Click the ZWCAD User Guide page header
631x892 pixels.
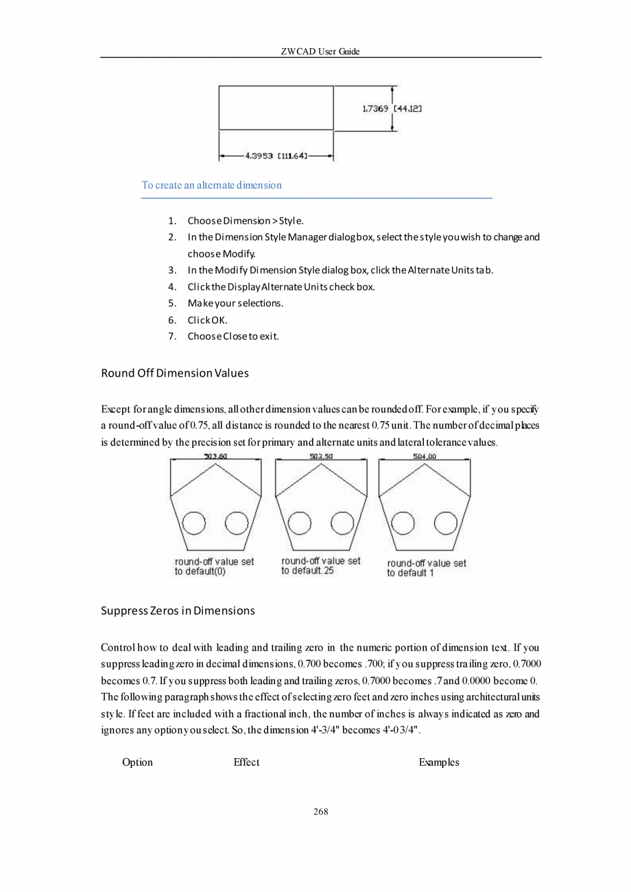[x=321, y=52]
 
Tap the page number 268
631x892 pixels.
[x=321, y=812]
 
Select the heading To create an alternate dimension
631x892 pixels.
[x=211, y=185]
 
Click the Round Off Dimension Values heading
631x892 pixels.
[x=174, y=374]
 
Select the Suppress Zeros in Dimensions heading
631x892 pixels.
[x=178, y=611]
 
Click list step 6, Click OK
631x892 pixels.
[x=203, y=320]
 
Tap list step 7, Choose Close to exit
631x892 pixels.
[x=233, y=336]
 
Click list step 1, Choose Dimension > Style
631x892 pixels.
[x=245, y=221]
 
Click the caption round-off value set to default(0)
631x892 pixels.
[x=214, y=566]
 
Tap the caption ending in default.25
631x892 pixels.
[x=320, y=565]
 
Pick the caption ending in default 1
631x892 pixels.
[x=426, y=567]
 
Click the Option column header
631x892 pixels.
[x=137, y=762]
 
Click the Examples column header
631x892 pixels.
[x=439, y=762]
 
